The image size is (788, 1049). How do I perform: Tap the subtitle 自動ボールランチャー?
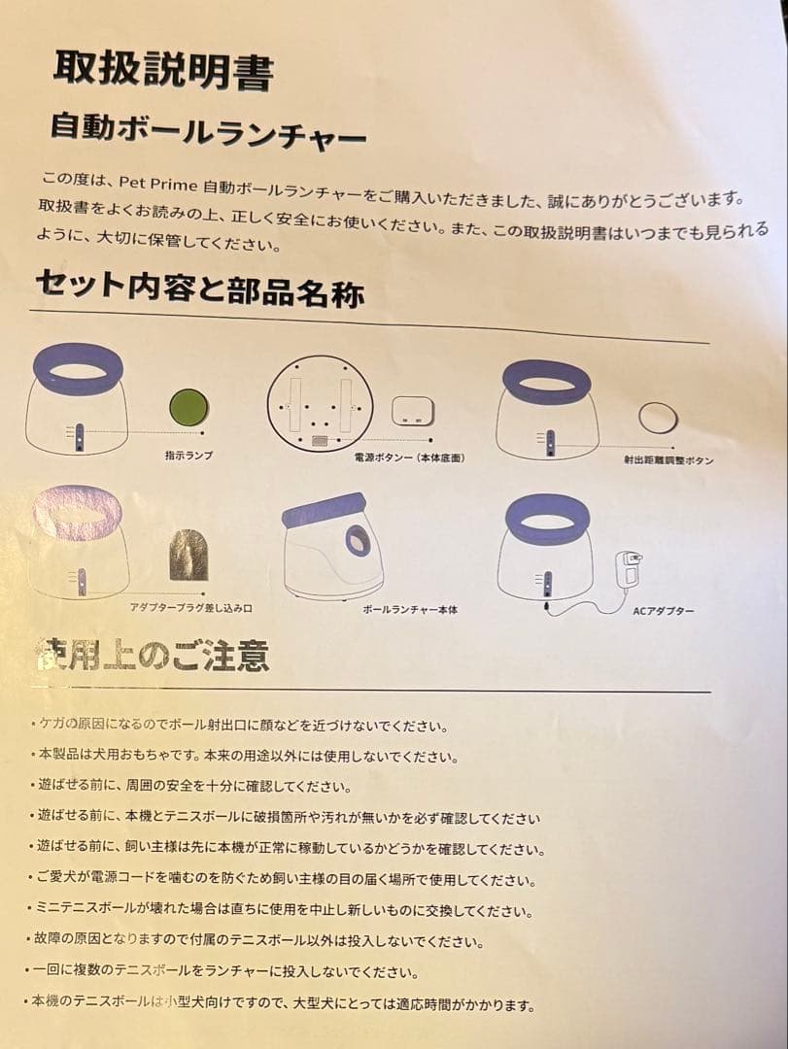pos(208,131)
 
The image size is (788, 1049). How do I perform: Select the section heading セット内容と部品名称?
pos(199,287)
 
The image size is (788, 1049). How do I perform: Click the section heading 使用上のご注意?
pos(153,656)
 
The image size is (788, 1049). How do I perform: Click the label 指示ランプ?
pos(188,455)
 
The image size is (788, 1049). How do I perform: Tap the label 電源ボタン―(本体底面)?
pos(401,457)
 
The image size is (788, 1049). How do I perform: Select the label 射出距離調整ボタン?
pos(668,459)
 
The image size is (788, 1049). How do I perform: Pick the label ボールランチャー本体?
pos(409,610)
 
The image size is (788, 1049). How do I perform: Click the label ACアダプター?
pos(664,611)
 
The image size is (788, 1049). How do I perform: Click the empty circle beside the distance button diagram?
pos(658,418)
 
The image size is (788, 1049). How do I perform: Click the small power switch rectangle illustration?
pos(413,411)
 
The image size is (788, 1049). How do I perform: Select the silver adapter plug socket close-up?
pos(188,556)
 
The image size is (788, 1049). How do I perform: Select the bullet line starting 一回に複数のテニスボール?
pos(227,972)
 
